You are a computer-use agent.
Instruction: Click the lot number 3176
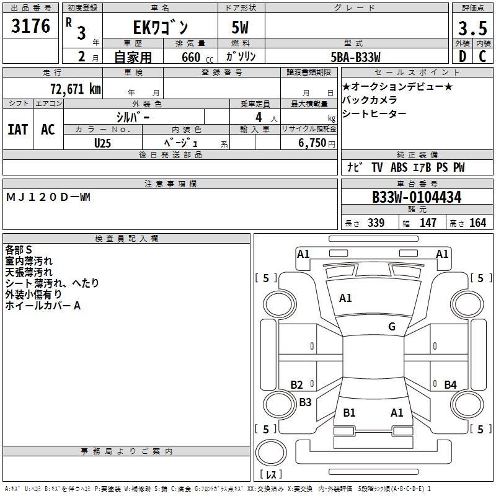[x=30, y=26]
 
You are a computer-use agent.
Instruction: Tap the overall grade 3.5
[x=472, y=28]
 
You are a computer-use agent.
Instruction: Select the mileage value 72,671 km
[x=76, y=89]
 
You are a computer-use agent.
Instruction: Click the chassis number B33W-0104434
[x=417, y=197]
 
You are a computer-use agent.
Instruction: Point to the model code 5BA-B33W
[x=355, y=57]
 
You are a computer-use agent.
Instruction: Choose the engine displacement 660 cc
[x=197, y=58]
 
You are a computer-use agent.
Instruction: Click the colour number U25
[x=102, y=143]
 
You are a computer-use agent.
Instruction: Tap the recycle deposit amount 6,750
[x=312, y=143]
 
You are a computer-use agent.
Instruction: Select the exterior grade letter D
[x=463, y=56]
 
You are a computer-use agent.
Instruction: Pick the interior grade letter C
[x=482, y=56]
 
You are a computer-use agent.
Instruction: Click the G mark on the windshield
[x=392, y=327]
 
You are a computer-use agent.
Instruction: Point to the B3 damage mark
[x=305, y=402]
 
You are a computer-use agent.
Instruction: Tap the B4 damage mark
[x=450, y=384]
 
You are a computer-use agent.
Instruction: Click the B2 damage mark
[x=296, y=384]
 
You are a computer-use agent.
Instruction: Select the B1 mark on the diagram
[x=349, y=412]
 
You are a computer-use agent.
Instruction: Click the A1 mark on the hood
[x=345, y=298]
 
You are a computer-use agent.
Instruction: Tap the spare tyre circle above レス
[x=271, y=453]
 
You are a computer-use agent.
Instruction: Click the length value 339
[x=376, y=223]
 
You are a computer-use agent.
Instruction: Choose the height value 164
[x=477, y=223]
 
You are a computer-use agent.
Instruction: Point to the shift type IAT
[x=18, y=130]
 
